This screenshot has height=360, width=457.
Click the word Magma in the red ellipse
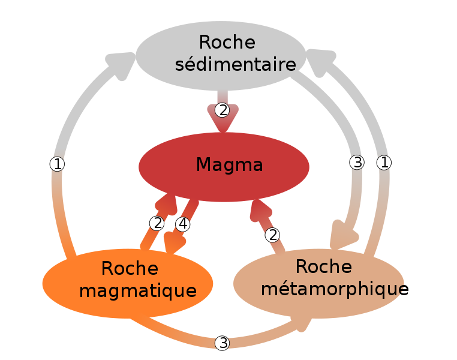tap(229, 164)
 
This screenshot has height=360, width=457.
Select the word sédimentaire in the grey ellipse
tap(236, 64)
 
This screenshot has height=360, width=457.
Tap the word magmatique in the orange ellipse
tap(138, 291)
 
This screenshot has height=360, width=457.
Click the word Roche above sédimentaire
tap(227, 43)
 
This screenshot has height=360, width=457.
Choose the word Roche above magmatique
tap(130, 268)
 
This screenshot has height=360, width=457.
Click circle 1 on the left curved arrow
tap(57, 164)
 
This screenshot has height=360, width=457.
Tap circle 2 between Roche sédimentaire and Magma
tap(223, 110)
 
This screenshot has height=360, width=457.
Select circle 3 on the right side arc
tap(357, 162)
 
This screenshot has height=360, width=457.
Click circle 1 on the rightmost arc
tap(384, 162)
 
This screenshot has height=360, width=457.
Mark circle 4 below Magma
tap(183, 224)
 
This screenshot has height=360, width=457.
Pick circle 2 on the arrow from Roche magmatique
tap(157, 223)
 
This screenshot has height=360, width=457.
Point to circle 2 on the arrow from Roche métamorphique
tap(273, 235)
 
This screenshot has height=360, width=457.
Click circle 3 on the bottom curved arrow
tap(223, 343)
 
